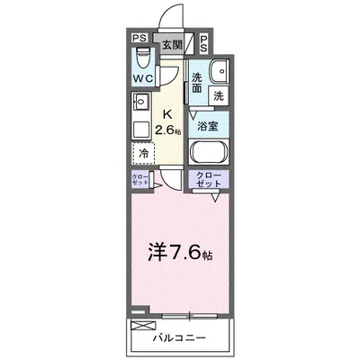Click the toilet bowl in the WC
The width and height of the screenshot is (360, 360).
pyautogui.click(x=140, y=59)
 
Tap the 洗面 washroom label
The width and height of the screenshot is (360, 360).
pyautogui.click(x=196, y=84)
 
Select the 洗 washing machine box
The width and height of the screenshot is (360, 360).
pyautogui.click(x=218, y=94)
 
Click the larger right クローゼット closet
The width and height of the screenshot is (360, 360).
pyautogui.click(x=208, y=179)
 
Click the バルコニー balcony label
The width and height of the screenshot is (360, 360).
pyautogui.click(x=178, y=337)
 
